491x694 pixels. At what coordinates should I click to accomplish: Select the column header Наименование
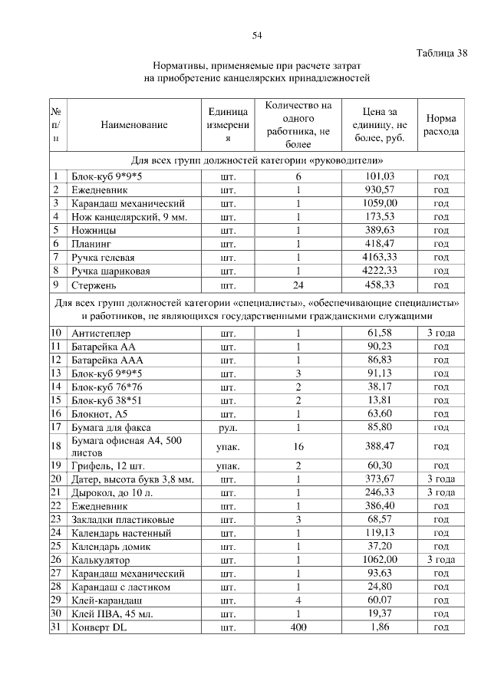[x=133, y=124]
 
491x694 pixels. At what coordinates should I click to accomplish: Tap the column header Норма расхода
[x=441, y=125]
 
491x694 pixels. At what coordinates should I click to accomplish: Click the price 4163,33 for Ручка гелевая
[x=380, y=257]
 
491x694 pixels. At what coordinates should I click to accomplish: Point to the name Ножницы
[x=93, y=229]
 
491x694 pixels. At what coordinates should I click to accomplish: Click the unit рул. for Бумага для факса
[x=227, y=426]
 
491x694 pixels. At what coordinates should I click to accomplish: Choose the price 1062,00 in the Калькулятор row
[x=380, y=560]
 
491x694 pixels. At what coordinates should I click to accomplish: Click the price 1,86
[x=380, y=627]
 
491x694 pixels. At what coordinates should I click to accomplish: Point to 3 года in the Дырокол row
[x=441, y=492]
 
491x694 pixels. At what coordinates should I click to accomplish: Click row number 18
[x=56, y=446]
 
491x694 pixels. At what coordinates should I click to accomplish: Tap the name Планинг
[x=91, y=243]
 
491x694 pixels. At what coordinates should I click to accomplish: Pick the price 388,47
[x=380, y=446]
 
